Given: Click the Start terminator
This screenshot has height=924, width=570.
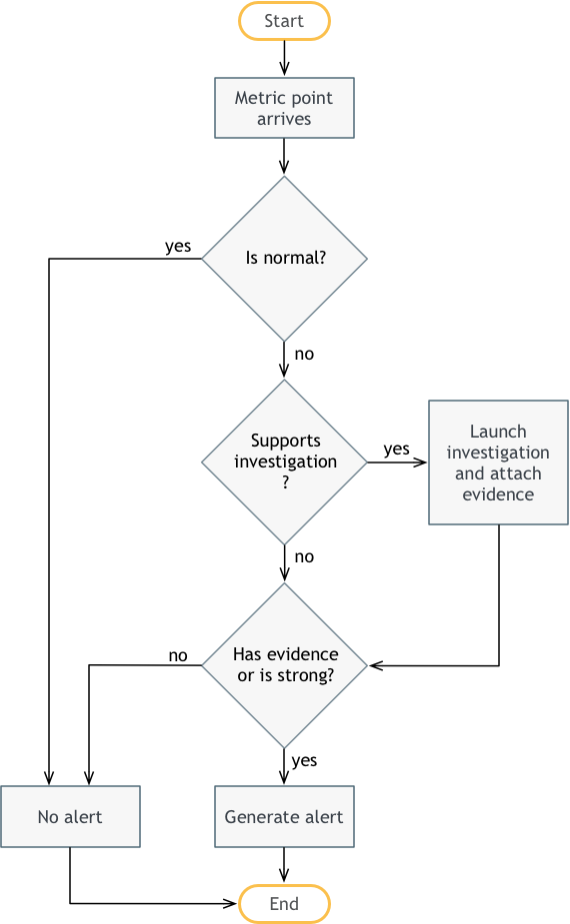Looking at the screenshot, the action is pos(284,21).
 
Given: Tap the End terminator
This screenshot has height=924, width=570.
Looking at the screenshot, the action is pos(284,903).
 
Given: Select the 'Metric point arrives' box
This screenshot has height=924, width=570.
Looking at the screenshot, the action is pos(284,108).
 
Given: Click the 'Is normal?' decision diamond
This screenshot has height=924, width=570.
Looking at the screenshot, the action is pos(284,258).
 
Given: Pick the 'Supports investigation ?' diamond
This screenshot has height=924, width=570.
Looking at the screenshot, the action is pos(284,462).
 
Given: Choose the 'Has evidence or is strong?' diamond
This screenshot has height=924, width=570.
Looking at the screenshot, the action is pos(284,665).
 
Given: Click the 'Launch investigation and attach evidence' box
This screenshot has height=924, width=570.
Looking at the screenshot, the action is pos(498,462).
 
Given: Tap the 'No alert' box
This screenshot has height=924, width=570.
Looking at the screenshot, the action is pos(70,817).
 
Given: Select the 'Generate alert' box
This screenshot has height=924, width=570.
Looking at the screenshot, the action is pos(284,817).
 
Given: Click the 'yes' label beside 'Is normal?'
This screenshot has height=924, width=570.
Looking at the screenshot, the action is pos(178,247).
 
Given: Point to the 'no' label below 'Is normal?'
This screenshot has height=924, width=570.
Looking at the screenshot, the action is pos(304,355).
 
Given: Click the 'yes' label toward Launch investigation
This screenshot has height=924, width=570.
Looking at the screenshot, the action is pos(396,450).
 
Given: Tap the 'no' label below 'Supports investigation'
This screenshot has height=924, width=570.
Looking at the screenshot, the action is pos(304,556).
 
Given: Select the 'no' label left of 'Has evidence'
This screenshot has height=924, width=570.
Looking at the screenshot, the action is pos(178,656).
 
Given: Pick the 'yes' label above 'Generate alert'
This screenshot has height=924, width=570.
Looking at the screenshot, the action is pos(304,761).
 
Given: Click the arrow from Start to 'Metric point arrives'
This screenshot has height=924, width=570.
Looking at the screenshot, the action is pos(284,58).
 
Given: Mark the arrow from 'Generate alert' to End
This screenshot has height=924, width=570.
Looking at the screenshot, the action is pos(284,865).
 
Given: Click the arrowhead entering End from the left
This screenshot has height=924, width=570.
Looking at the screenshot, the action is pos(231,903).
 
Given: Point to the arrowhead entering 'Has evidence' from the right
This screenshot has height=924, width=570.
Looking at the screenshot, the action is pos(376,666).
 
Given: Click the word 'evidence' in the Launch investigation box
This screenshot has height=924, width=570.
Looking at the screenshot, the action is pos(498,494).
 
